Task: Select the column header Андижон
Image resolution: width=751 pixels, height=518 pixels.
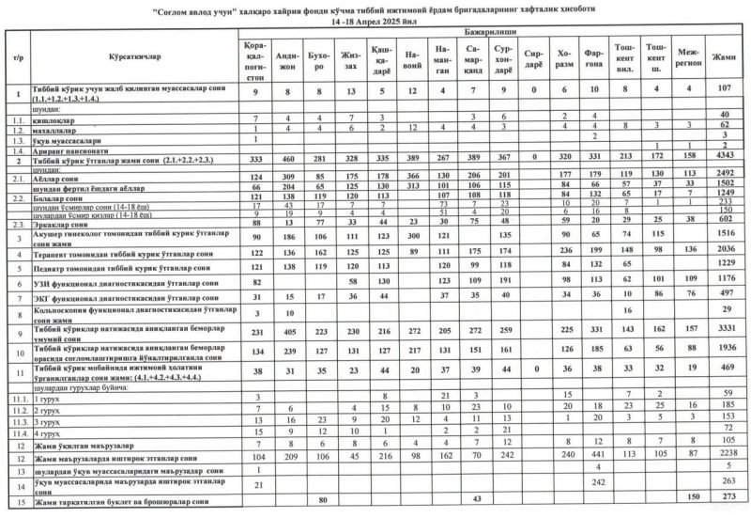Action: click(291, 59)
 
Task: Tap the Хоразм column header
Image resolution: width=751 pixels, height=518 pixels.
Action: click(565, 59)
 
